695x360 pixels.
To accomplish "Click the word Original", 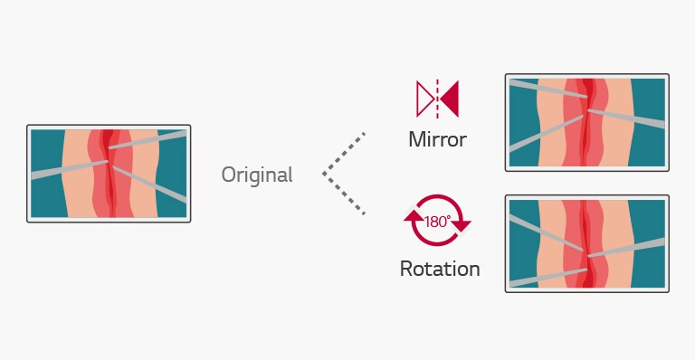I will click(257, 175).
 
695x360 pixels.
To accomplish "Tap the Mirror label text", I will click(437, 140).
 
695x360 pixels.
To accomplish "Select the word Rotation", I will click(440, 269).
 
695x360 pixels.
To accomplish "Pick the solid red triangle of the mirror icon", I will click(450, 99).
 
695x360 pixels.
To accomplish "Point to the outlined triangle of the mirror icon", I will click(424, 99).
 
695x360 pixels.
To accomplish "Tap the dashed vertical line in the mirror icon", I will click(437, 99).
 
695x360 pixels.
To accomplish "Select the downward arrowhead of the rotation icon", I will click(462, 224).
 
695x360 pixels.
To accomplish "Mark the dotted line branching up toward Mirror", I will click(344, 153).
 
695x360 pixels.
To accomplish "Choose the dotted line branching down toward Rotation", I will click(344, 194).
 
